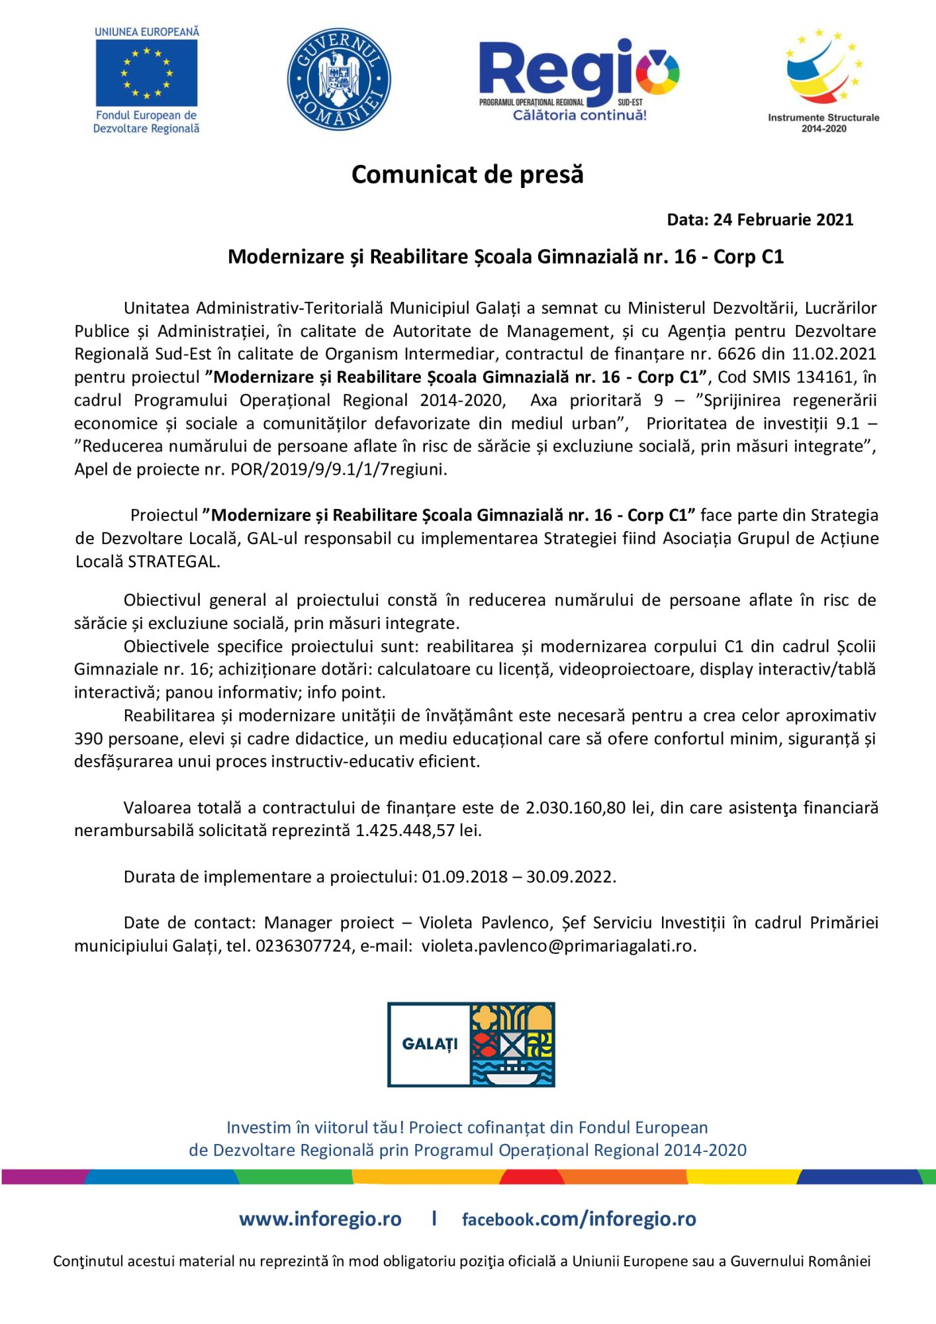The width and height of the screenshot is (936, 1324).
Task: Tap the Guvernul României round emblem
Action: (338, 79)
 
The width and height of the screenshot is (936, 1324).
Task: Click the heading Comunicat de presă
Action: (467, 174)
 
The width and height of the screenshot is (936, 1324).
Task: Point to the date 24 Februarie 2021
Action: (782, 220)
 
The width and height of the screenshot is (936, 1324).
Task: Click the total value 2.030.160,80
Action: (575, 808)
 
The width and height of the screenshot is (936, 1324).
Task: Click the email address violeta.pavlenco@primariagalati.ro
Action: (557, 946)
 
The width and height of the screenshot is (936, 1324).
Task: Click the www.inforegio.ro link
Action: (320, 1219)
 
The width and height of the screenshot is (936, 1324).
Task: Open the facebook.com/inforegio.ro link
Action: (579, 1219)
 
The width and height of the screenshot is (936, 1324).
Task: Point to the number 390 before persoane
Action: (87, 739)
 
